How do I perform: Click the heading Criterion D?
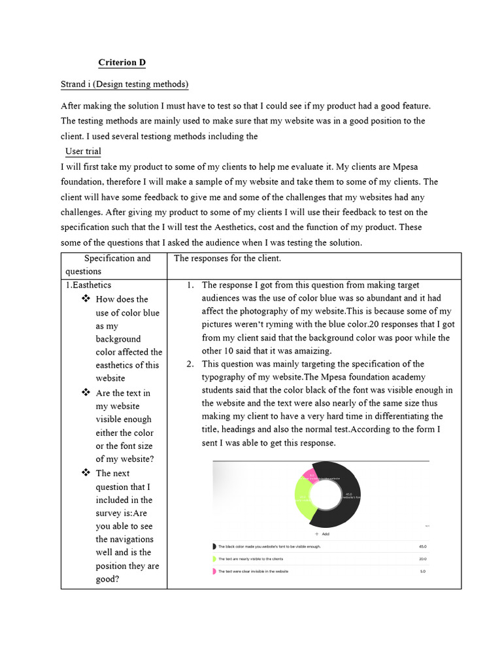(122, 63)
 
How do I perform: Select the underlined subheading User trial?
(83, 152)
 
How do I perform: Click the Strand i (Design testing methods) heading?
(124, 84)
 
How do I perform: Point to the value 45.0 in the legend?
(422, 546)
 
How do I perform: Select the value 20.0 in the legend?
(422, 559)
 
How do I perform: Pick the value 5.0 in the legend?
(423, 571)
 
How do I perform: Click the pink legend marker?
(214, 571)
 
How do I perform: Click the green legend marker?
(214, 559)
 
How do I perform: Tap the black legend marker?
(214, 546)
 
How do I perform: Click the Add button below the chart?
(322, 534)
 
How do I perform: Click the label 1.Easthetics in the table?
(88, 285)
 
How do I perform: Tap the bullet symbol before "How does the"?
(85, 299)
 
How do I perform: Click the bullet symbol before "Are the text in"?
(85, 393)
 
